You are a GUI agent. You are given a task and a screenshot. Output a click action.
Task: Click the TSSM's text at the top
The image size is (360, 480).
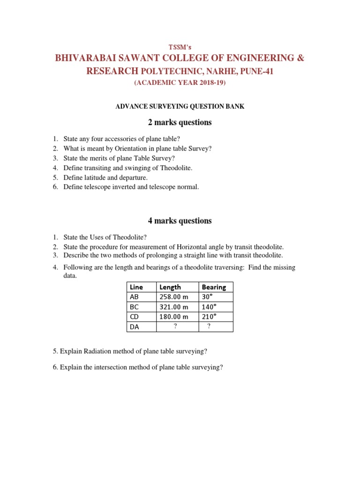[x=180, y=47]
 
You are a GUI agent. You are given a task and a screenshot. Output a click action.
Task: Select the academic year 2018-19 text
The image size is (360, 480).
[x=180, y=83]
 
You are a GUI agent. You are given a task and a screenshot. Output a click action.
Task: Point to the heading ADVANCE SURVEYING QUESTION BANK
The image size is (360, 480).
[x=180, y=107]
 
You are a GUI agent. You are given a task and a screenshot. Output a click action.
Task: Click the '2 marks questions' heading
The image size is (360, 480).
[x=180, y=122]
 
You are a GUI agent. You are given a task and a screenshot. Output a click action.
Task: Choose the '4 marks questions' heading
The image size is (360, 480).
[x=180, y=221]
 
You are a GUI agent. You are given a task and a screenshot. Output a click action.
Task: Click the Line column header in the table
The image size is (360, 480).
[x=136, y=287]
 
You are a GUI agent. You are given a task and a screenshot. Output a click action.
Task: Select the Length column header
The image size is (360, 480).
[x=170, y=287]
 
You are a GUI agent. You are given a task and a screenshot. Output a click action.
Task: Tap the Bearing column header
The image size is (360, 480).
[x=214, y=287]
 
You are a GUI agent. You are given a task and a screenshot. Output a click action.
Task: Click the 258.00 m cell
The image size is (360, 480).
[x=174, y=297]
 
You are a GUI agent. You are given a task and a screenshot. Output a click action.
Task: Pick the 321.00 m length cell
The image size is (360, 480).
[x=174, y=307]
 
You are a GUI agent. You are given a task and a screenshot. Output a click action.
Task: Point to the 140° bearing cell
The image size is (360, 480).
[x=209, y=307]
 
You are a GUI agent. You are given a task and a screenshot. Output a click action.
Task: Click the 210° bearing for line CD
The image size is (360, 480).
[x=209, y=317]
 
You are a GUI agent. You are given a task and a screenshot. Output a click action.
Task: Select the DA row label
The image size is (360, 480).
[x=135, y=327]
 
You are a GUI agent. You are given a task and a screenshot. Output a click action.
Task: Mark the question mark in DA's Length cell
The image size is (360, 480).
[x=175, y=327]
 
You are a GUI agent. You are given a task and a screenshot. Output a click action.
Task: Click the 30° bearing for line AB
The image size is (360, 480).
[x=207, y=297]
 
